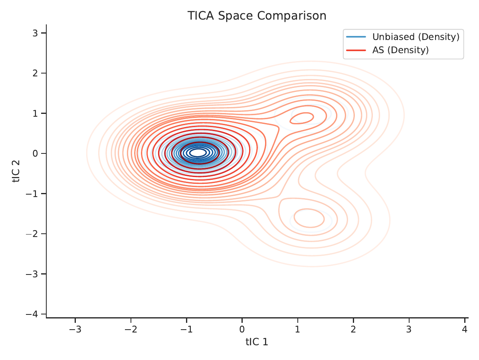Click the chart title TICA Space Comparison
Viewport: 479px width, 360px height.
(x=257, y=16)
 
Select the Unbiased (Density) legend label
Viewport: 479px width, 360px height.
(x=416, y=37)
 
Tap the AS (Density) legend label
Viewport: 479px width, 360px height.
(x=400, y=50)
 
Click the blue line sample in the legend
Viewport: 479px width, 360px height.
(x=356, y=37)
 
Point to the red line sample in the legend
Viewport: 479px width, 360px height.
(x=356, y=50)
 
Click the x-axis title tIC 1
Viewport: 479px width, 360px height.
(x=257, y=342)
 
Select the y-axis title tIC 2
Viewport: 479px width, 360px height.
(x=16, y=171)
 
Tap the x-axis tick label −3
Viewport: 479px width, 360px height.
(x=75, y=329)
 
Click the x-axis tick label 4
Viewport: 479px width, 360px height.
(x=465, y=329)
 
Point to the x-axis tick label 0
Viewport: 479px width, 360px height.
(x=242, y=329)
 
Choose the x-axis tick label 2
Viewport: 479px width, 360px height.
(x=353, y=329)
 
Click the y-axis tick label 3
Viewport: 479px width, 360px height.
(x=35, y=33)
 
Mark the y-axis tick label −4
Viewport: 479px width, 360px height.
(x=32, y=314)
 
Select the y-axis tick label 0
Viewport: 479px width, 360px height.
(x=35, y=153)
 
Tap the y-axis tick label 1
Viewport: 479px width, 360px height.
(x=35, y=113)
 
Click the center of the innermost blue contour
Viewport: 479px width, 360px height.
(x=198, y=153)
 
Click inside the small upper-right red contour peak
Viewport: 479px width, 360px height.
(x=302, y=118)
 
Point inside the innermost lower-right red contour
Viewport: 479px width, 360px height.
(x=309, y=218)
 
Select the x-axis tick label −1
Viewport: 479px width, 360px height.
(x=186, y=329)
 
